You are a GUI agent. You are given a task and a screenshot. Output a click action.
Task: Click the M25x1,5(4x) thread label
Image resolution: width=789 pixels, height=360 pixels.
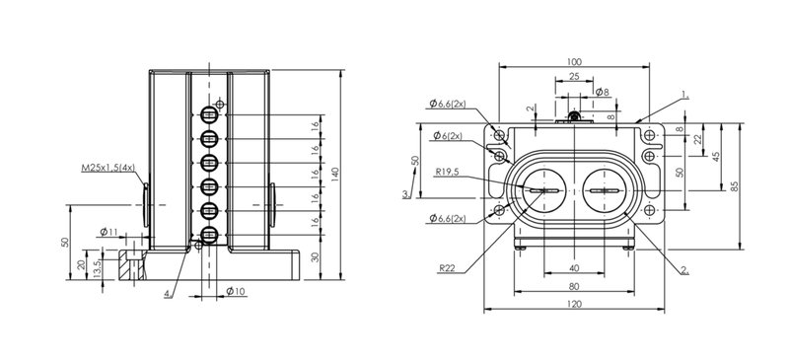click(x=108, y=167)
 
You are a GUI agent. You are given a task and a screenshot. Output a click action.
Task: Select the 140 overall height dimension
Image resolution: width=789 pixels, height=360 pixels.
click(x=335, y=175)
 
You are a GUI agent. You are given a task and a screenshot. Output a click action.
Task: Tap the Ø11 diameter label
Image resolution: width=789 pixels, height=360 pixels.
click(x=108, y=232)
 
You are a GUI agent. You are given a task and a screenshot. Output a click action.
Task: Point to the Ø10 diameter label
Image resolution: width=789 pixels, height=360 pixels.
click(x=235, y=291)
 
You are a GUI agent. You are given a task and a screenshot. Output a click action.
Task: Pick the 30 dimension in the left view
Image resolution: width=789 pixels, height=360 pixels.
click(x=315, y=257)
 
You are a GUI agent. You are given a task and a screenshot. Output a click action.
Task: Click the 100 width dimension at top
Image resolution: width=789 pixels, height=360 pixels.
click(x=574, y=62)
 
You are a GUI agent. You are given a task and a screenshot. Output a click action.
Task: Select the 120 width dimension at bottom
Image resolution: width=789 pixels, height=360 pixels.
click(x=574, y=304)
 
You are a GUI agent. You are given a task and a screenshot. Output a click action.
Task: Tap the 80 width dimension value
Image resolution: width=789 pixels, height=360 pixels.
click(x=574, y=286)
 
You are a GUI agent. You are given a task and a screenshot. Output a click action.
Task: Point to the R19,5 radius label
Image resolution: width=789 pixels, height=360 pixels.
click(x=448, y=173)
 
